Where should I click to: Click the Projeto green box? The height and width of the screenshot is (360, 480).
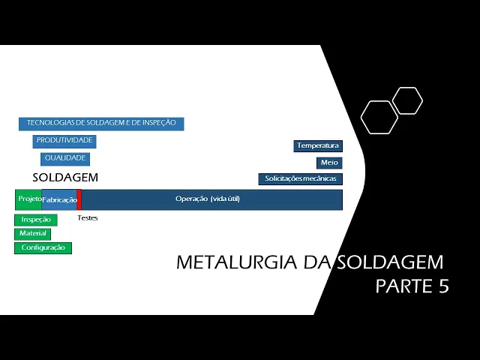pyautogui.click(x=28, y=199)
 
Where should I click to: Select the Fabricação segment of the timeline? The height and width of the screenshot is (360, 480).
pyautogui.click(x=59, y=200)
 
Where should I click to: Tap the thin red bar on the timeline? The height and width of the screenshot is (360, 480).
pyautogui.click(x=79, y=199)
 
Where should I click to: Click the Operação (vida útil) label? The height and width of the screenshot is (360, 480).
pyautogui.click(x=208, y=199)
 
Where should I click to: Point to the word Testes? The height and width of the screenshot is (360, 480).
pyautogui.click(x=88, y=218)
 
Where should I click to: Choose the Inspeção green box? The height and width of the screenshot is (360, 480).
pyautogui.click(x=36, y=220)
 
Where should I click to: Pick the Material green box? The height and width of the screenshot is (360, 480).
pyautogui.click(x=32, y=234)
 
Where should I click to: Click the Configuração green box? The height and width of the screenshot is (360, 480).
pyautogui.click(x=43, y=247)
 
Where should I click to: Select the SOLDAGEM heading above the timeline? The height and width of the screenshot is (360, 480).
pyautogui.click(x=65, y=178)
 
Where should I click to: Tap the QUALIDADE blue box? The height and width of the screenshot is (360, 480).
pyautogui.click(x=65, y=159)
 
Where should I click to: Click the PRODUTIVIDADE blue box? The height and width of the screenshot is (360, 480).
pyautogui.click(x=64, y=141)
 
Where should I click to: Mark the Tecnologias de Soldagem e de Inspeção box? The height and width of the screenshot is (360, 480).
pyautogui.click(x=101, y=123)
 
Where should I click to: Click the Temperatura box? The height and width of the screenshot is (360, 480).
pyautogui.click(x=318, y=145)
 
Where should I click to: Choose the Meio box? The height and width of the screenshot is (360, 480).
pyautogui.click(x=329, y=163)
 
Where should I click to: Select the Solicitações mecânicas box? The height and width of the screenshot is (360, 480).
pyautogui.click(x=301, y=179)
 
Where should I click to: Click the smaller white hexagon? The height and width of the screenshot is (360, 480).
pyautogui.click(x=407, y=100)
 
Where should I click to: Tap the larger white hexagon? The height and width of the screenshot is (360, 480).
pyautogui.click(x=379, y=117)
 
